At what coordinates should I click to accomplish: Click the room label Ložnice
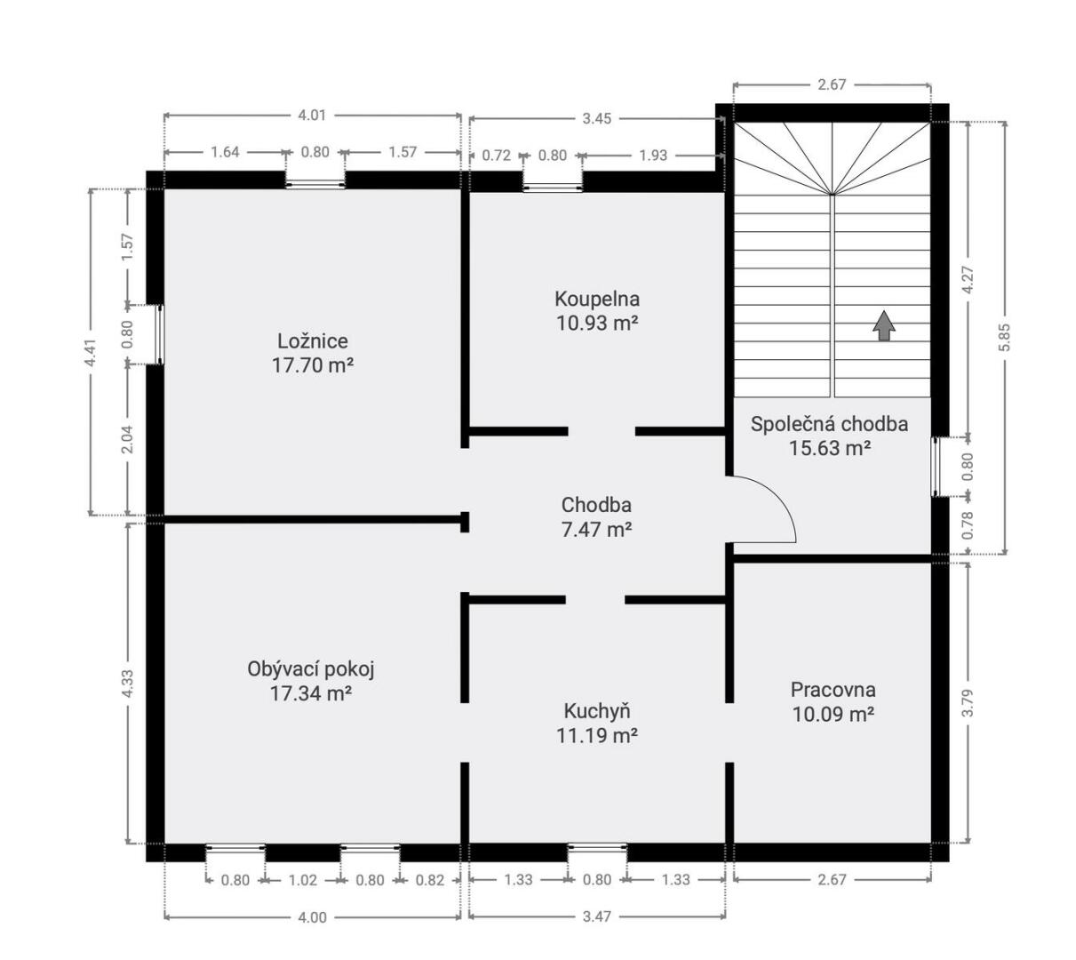point(312,341)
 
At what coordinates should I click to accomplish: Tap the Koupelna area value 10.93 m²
point(597,323)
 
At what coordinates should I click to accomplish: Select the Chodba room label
point(596,505)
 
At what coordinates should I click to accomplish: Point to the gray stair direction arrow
point(884,325)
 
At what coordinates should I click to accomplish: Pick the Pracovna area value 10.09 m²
point(833,714)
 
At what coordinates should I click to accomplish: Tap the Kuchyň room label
point(597,711)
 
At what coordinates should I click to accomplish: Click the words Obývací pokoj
point(311,668)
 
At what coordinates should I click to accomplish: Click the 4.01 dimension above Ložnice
point(312,116)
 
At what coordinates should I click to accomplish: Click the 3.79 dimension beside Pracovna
point(968,703)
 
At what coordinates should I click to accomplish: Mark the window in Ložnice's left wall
point(160,335)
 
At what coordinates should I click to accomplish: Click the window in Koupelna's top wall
point(553,187)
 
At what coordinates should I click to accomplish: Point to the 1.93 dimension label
point(653,156)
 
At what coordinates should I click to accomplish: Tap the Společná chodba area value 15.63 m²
point(830,448)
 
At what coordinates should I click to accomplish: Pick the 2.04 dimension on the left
point(127,439)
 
